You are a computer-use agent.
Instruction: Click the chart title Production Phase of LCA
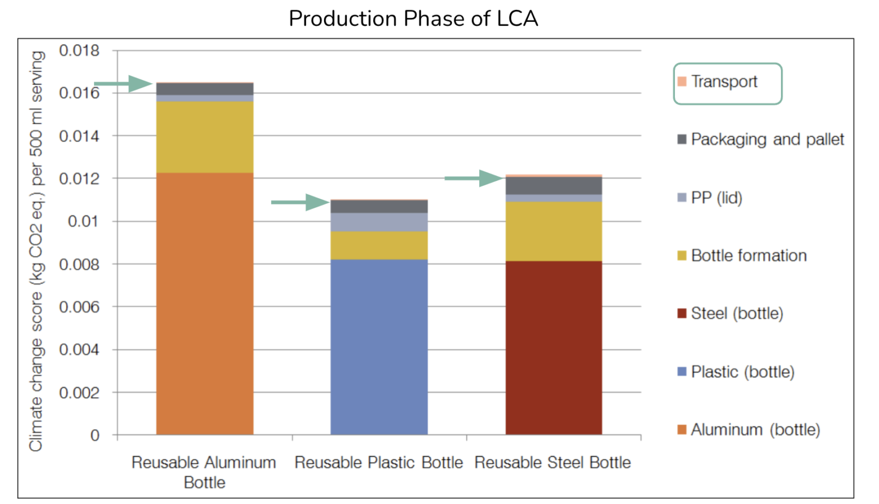[x=413, y=19]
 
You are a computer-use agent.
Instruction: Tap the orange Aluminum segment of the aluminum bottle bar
[x=205, y=302]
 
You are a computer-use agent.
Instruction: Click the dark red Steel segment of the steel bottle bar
[x=554, y=347]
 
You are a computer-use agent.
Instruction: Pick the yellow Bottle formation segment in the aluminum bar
[x=205, y=137]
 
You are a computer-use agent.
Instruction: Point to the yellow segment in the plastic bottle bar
[x=379, y=245]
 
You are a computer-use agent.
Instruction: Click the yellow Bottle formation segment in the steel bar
[x=554, y=231]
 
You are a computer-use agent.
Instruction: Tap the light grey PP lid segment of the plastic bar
[x=379, y=222]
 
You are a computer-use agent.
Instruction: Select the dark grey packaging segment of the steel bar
[x=554, y=185]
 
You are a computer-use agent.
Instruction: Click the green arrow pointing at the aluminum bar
[x=123, y=84]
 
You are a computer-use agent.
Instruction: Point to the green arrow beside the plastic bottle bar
[x=300, y=202]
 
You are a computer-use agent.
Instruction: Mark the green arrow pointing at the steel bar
[x=474, y=179]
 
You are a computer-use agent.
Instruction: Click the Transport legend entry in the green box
[x=724, y=82]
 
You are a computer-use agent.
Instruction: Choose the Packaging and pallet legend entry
[x=766, y=139]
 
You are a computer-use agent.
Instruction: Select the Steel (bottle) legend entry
[x=736, y=314]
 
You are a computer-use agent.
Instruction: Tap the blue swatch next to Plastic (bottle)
[x=682, y=372]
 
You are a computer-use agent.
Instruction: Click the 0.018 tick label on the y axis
[x=79, y=50]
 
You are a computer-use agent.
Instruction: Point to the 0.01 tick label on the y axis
[x=84, y=221]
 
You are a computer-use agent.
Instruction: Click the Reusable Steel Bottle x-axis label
[x=553, y=463]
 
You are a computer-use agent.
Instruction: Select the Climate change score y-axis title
[x=36, y=251]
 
